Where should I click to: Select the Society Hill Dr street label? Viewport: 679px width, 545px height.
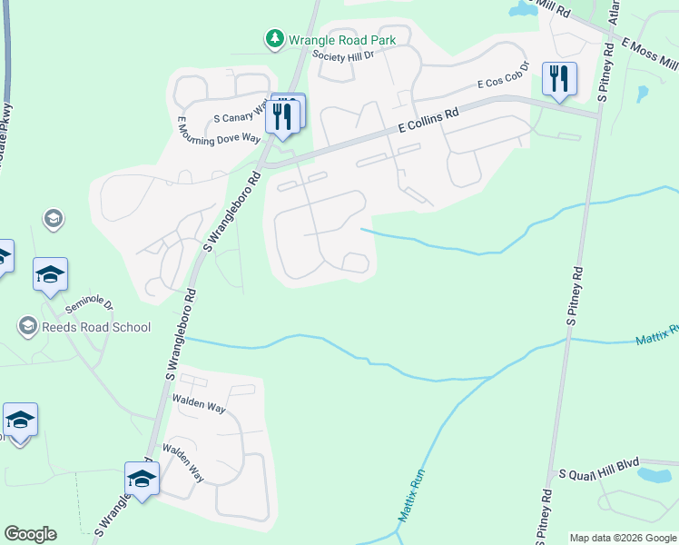click(349, 55)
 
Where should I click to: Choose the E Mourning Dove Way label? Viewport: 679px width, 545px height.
click(219, 132)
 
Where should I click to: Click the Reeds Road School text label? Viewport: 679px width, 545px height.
click(94, 327)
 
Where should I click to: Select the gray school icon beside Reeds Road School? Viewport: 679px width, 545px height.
click(26, 326)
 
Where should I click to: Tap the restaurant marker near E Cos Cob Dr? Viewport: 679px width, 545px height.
click(559, 78)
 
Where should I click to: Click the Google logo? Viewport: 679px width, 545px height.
click(30, 534)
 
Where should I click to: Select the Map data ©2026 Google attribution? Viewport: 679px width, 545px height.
click(623, 538)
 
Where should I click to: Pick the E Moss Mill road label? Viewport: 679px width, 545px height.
click(650, 54)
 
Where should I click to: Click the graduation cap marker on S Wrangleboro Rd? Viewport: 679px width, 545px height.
click(143, 479)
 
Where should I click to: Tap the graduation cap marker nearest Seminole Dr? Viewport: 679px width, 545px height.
click(51, 274)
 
